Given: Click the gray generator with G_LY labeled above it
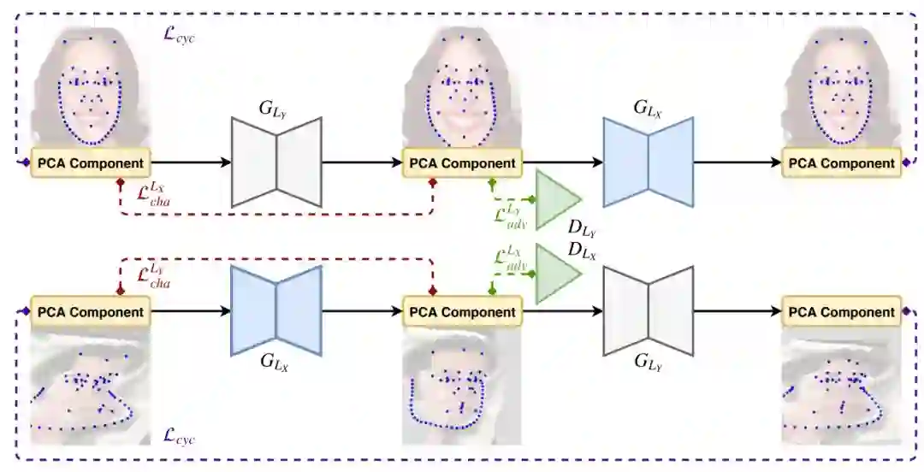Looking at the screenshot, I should click(276, 162).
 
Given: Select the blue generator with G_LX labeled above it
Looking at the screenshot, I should click(648, 162).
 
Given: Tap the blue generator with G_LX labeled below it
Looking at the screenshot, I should click(276, 310).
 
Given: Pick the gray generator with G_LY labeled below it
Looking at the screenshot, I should click(648, 310).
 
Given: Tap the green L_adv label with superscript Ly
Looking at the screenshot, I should click(511, 215).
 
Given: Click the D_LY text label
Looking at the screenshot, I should click(583, 229).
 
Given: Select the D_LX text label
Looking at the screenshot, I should click(583, 250).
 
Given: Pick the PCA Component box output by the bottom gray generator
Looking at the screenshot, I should click(842, 311).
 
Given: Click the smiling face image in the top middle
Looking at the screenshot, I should click(462, 86).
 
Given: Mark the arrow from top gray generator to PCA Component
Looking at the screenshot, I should click(361, 162).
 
